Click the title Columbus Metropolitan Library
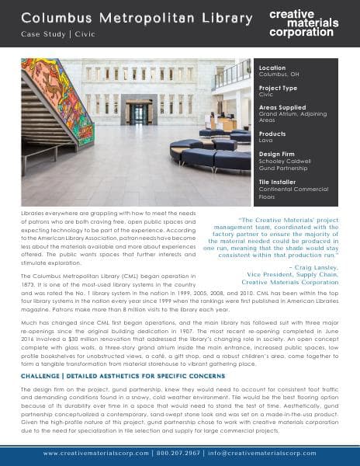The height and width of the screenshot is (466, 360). click(126, 16)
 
